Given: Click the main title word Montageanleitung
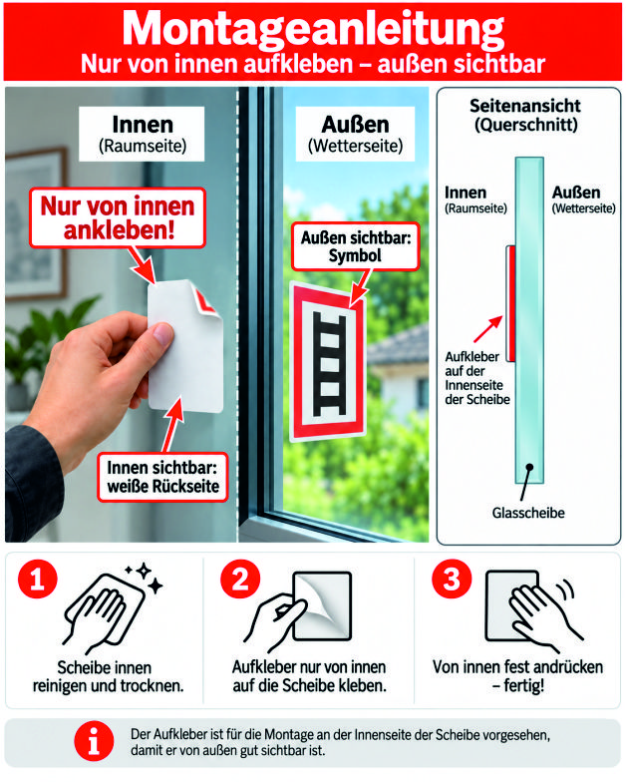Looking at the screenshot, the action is pyautogui.click(x=313, y=29).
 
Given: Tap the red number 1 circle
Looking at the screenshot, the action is pyautogui.click(x=38, y=579).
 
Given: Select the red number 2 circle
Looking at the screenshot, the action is pyautogui.click(x=241, y=579).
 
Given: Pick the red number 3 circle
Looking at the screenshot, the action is pyautogui.click(x=452, y=579).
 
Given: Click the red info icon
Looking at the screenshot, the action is pyautogui.click(x=94, y=741).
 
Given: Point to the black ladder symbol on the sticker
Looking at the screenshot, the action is pyautogui.click(x=329, y=364).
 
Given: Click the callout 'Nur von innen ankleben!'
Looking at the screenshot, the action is pyautogui.click(x=118, y=217).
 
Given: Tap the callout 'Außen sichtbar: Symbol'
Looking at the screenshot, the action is pyautogui.click(x=355, y=246).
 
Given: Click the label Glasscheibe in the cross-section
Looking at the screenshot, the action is pyautogui.click(x=528, y=513).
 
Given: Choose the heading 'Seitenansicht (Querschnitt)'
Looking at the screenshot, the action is pyautogui.click(x=525, y=116).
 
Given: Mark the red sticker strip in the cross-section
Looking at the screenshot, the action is pyautogui.click(x=510, y=303).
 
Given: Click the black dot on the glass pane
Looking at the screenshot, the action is pyautogui.click(x=529, y=467).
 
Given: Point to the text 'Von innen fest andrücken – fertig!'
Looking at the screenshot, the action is pyautogui.click(x=518, y=676).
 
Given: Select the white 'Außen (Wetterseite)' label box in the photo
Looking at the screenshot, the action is pyautogui.click(x=355, y=134).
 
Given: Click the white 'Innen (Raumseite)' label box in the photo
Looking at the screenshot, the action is pyautogui.click(x=142, y=134).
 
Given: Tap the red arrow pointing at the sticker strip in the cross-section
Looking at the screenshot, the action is pyautogui.click(x=488, y=329).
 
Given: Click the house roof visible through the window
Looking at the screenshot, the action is pyautogui.click(x=399, y=345).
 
